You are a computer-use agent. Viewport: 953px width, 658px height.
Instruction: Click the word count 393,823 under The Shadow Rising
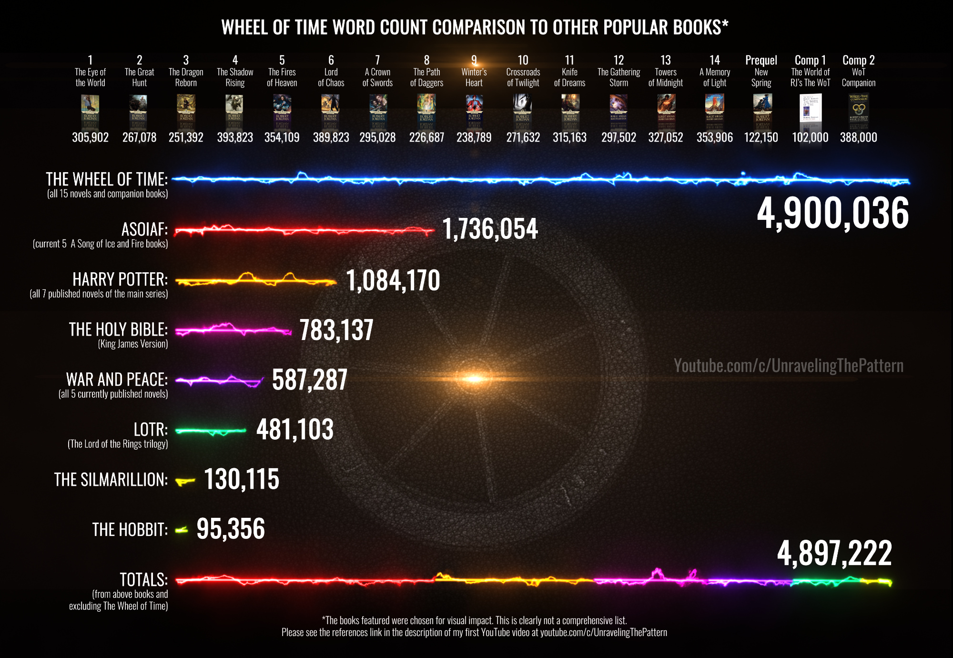[x=235, y=137]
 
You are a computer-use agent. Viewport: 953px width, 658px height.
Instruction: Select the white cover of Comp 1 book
[x=810, y=108]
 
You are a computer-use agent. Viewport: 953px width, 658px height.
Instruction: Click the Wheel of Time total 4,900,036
[x=833, y=213]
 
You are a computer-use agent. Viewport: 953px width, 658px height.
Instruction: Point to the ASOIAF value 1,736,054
[x=490, y=229]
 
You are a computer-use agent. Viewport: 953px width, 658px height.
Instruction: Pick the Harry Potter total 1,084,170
[x=393, y=280]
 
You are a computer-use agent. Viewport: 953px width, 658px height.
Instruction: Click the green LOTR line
[x=211, y=431]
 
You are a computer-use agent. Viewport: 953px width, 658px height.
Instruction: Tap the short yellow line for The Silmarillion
[x=185, y=481]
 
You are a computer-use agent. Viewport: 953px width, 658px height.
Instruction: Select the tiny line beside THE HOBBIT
[x=182, y=530]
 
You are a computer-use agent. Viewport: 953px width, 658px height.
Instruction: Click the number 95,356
[x=231, y=529]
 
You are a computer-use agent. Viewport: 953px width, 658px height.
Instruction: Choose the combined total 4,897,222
[x=834, y=554]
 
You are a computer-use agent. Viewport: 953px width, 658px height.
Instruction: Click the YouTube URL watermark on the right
[x=789, y=366]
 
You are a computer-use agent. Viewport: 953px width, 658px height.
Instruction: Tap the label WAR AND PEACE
[x=117, y=380]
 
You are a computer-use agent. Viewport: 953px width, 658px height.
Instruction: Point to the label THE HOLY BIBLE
[x=118, y=329]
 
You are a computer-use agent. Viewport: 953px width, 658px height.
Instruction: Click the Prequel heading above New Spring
[x=761, y=60]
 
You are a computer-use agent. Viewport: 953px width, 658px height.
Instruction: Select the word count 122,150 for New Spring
[x=761, y=137]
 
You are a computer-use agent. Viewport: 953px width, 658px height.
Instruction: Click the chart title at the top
[x=475, y=28]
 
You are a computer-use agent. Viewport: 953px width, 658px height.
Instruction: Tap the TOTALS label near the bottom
[x=143, y=580]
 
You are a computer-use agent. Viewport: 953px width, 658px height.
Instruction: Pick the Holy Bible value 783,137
[x=336, y=330]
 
